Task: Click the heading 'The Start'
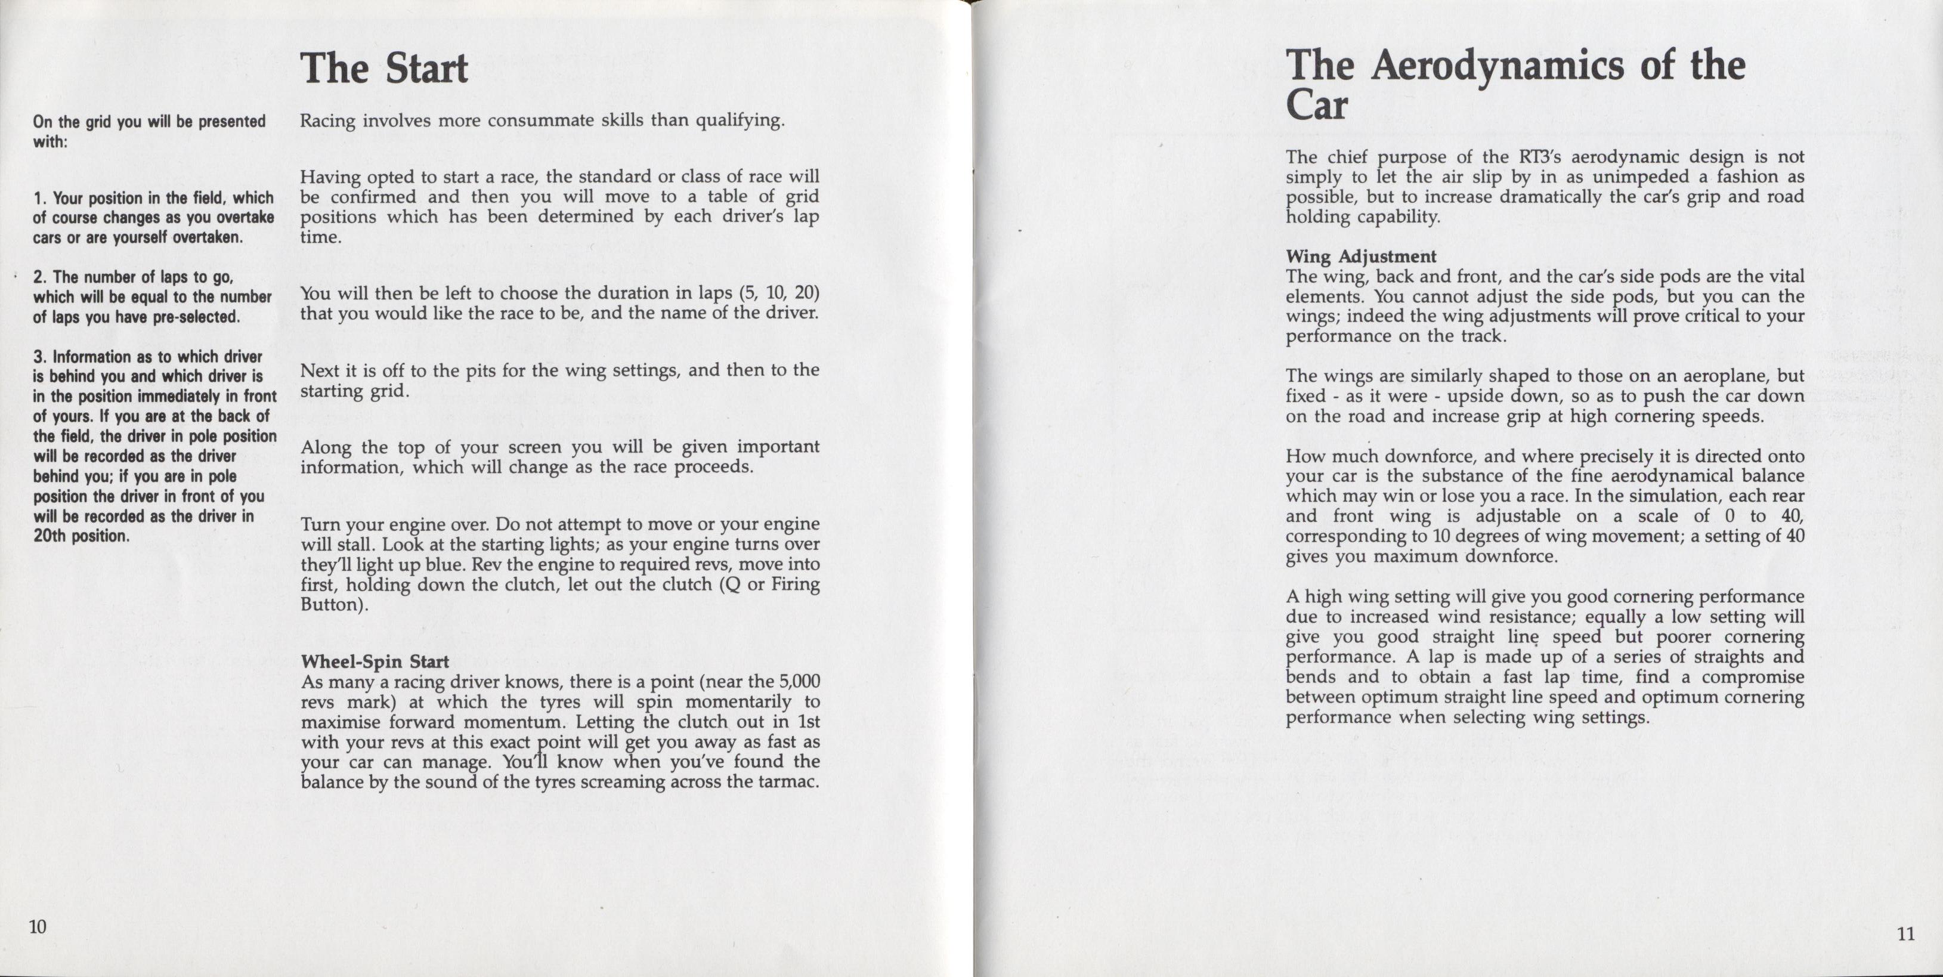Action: pos(385,69)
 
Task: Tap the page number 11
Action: pos(1905,934)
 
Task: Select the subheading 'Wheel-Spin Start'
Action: pos(375,661)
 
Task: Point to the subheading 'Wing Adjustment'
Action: pos(1361,256)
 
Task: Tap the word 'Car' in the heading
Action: pos(1316,105)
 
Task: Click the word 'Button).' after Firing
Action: pos(334,605)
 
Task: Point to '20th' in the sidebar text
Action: pos(49,536)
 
